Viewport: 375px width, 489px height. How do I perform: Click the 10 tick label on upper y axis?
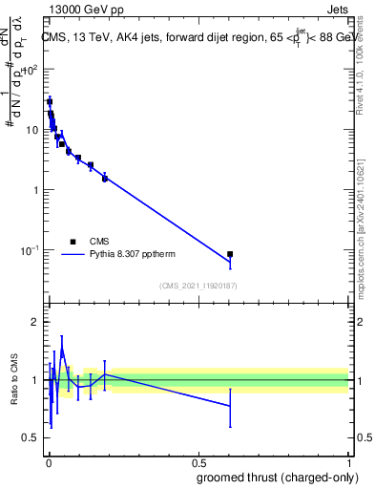tap(33, 129)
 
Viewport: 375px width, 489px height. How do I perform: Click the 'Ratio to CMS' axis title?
tap(14, 379)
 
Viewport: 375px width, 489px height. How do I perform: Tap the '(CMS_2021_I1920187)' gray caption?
tap(198, 285)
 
